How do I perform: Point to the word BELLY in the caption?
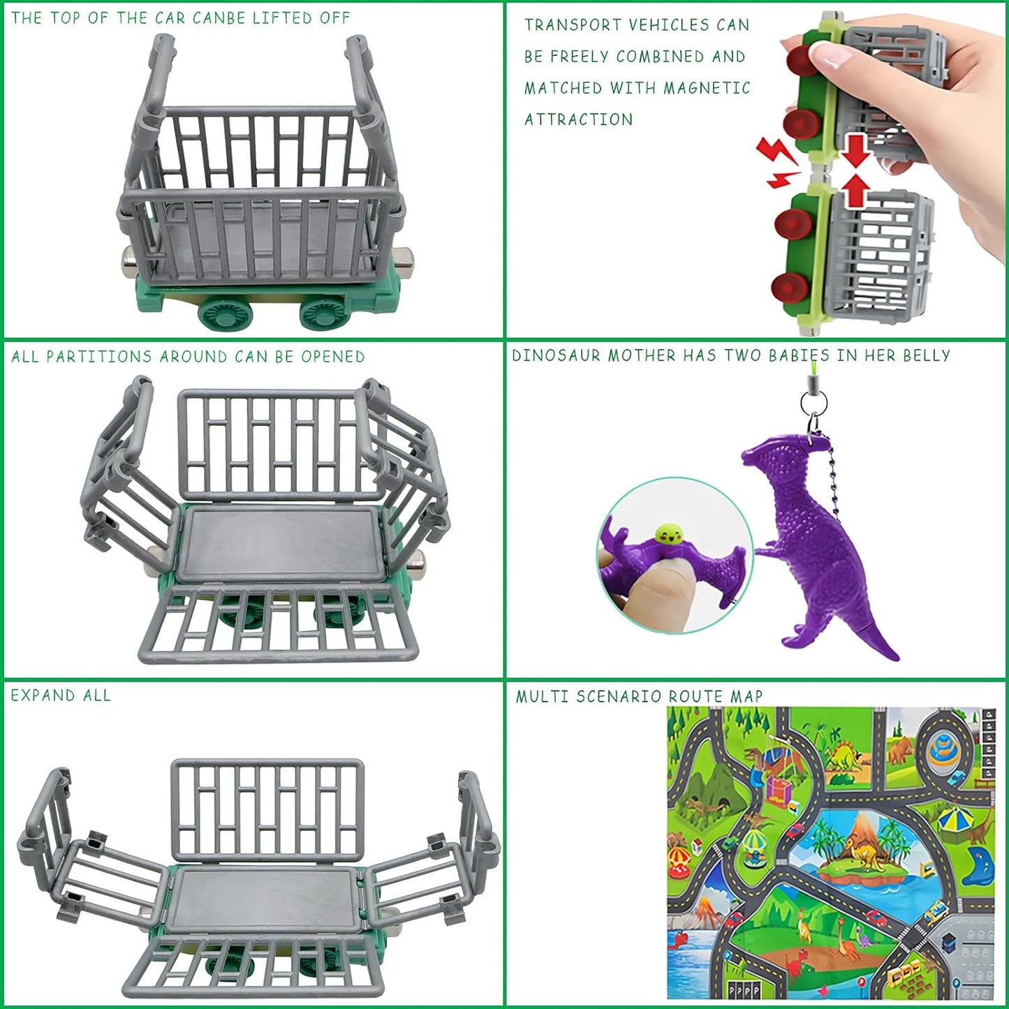click(926, 355)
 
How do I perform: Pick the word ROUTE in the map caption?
click(696, 697)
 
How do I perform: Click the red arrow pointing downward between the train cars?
click(855, 149)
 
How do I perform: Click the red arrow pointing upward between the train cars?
click(855, 190)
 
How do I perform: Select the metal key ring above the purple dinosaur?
click(813, 403)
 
